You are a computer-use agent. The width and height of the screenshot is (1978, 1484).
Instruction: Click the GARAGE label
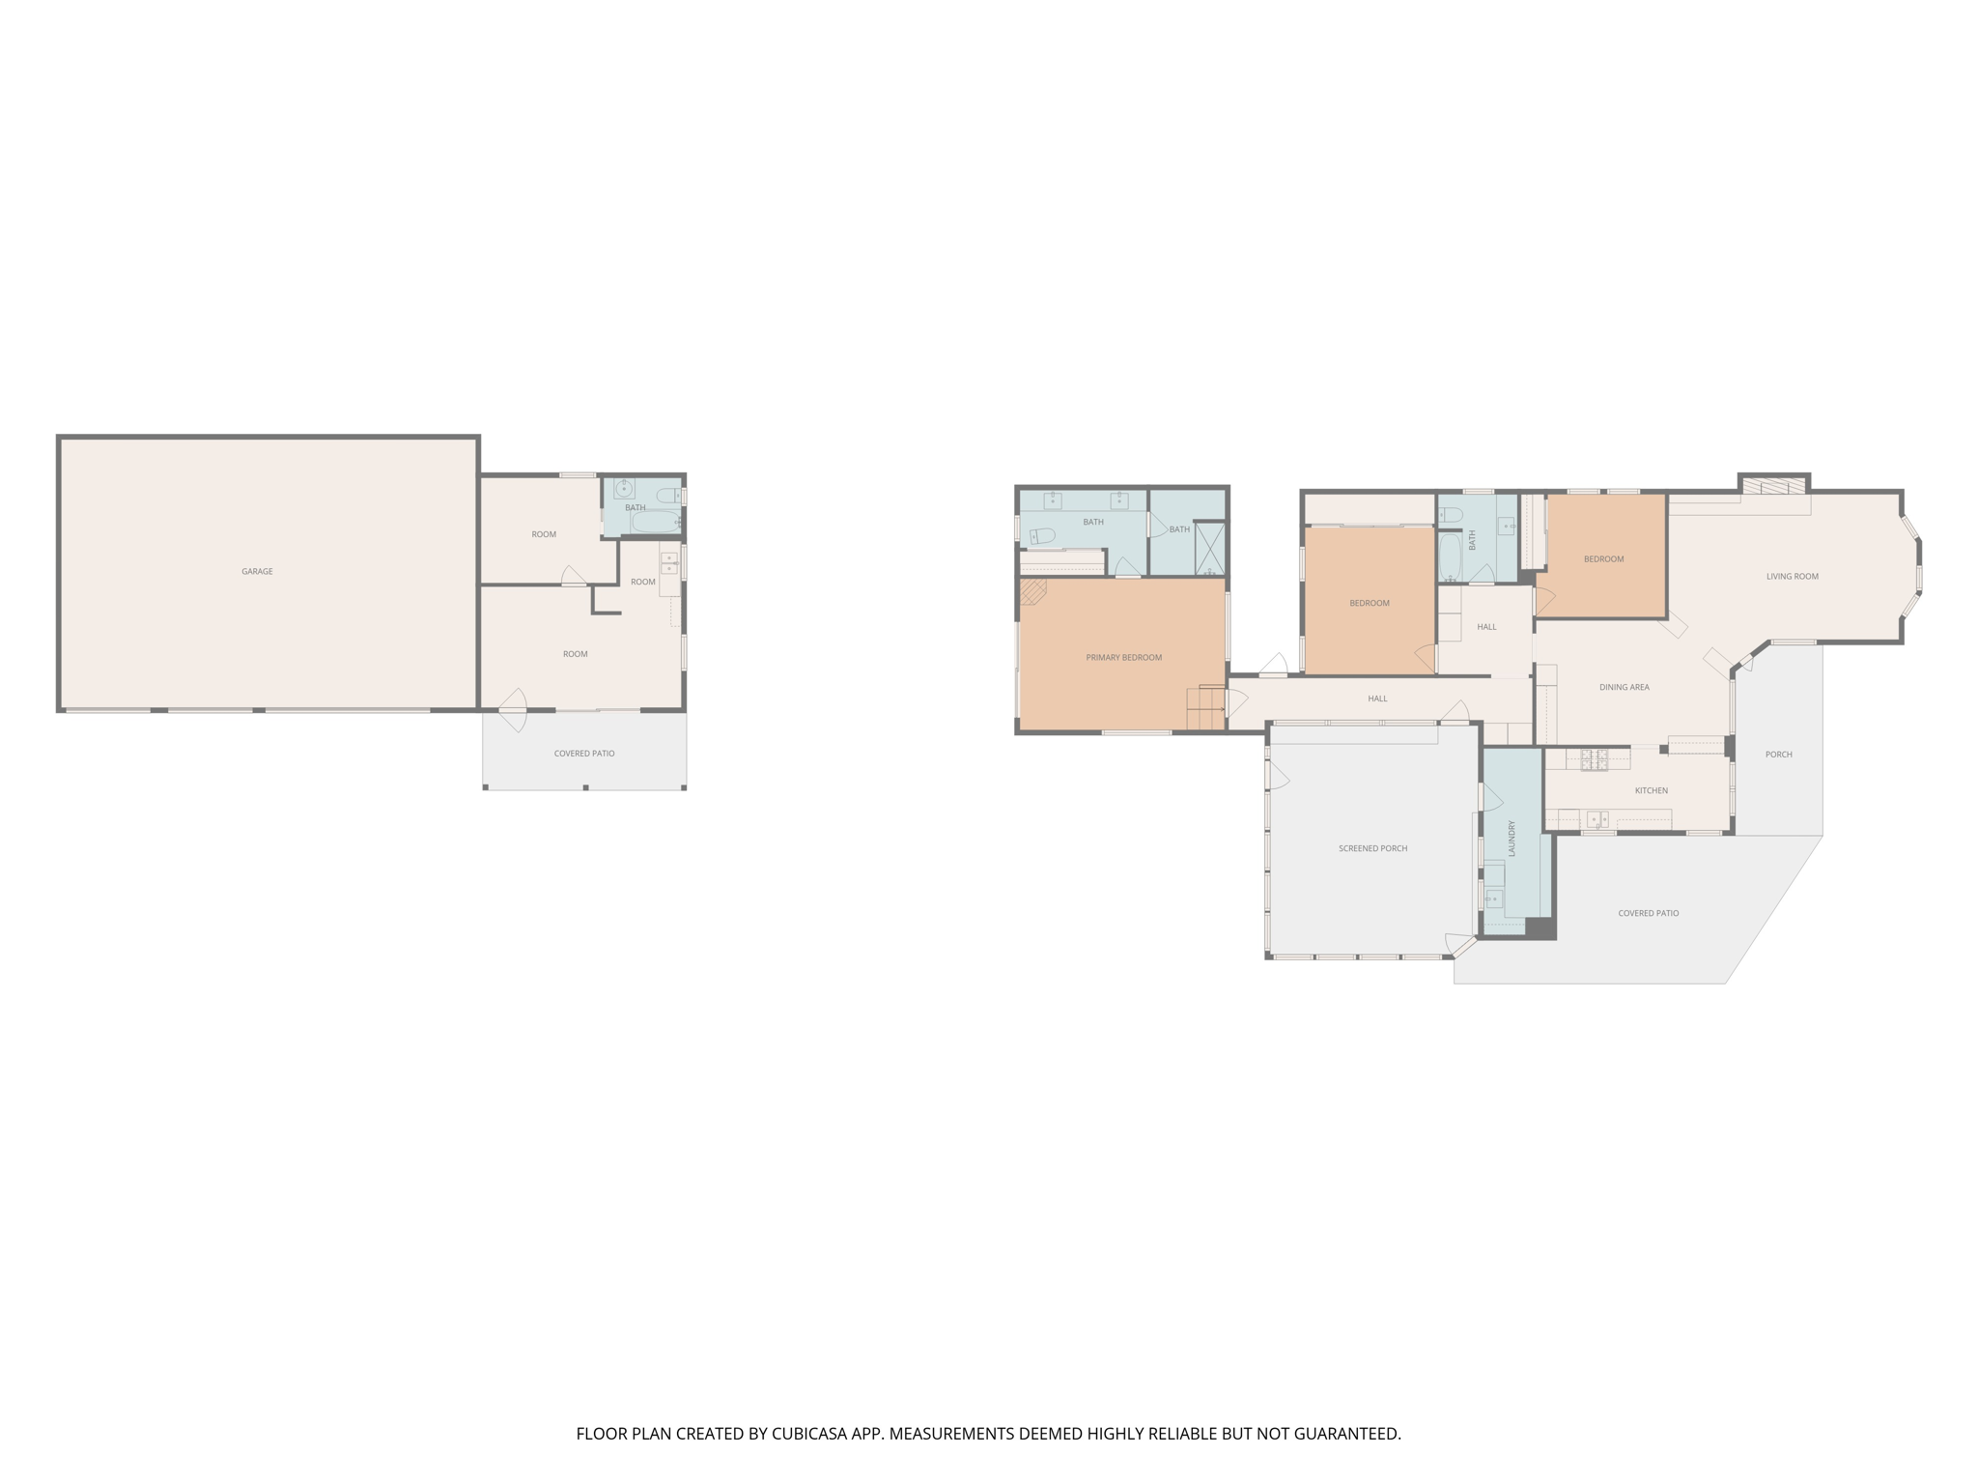coord(257,572)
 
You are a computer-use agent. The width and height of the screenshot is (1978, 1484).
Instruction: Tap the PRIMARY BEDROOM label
coord(1123,658)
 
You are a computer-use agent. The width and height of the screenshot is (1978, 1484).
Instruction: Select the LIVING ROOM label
coord(1792,577)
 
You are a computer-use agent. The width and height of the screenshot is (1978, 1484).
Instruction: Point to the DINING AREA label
coord(1624,688)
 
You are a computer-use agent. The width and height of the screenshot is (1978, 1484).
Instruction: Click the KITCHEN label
coord(1651,791)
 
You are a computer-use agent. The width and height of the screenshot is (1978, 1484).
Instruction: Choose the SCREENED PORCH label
coord(1372,849)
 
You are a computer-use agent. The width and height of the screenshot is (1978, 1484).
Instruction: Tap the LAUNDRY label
coord(1512,838)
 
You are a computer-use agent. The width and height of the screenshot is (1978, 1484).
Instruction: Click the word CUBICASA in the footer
coord(808,1434)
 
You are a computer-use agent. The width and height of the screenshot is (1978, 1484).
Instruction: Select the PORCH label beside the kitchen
coord(1778,755)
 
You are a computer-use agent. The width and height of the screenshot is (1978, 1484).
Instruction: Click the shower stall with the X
coord(1210,549)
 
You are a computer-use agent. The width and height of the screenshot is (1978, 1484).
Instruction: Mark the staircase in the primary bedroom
coord(1205,708)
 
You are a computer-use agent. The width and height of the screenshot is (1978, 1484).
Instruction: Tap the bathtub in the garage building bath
coord(656,522)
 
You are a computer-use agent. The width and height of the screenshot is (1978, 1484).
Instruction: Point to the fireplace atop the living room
coord(1773,485)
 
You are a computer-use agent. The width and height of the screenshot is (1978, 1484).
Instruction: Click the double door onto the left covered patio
coord(513,711)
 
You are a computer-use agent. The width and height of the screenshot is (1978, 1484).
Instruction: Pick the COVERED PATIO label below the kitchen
coord(1648,913)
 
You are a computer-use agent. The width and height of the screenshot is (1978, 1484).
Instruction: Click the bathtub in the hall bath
coord(1450,557)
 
